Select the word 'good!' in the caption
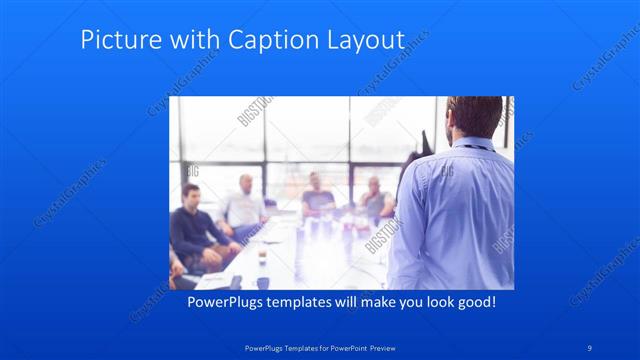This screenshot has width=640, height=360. pyautogui.click(x=473, y=301)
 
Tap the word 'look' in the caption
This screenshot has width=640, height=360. pyautogui.click(x=429, y=301)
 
